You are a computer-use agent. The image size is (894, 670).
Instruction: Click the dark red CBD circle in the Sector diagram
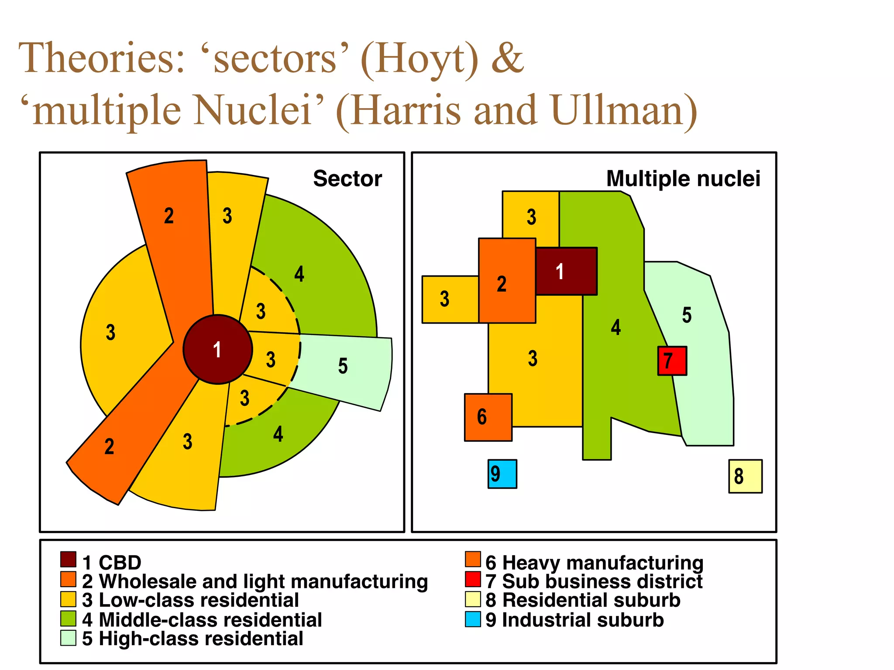[217, 349]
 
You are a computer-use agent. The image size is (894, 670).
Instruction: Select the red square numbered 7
[672, 361]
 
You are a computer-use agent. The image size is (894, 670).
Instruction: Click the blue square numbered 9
[502, 474]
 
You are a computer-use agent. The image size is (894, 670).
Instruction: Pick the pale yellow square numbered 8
[745, 476]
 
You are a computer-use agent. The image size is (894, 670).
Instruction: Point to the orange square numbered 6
[488, 417]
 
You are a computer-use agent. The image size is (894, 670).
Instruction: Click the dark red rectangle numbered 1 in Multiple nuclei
[566, 271]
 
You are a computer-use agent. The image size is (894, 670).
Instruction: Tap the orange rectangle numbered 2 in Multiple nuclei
[507, 281]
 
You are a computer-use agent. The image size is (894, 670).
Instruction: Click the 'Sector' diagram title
[347, 179]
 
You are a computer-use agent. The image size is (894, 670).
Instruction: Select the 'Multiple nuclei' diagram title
[683, 179]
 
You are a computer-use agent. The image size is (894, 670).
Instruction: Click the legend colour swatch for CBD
[68, 560]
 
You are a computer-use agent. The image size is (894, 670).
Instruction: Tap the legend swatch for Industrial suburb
[473, 619]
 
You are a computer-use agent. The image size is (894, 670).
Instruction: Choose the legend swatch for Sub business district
[473, 579]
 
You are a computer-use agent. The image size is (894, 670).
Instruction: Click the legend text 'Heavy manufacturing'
[602, 563]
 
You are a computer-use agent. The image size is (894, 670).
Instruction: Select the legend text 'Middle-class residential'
[210, 620]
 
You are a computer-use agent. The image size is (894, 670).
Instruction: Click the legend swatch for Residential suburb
[473, 599]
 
